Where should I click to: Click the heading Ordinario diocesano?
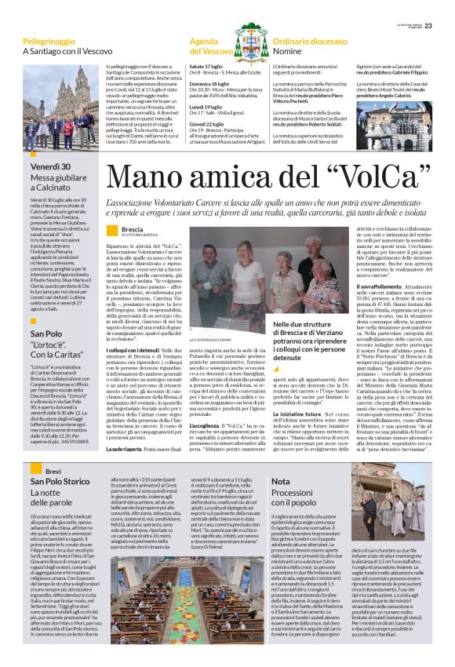(x=315, y=39)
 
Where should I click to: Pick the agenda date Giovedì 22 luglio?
(x=209, y=123)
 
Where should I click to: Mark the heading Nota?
(x=281, y=481)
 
